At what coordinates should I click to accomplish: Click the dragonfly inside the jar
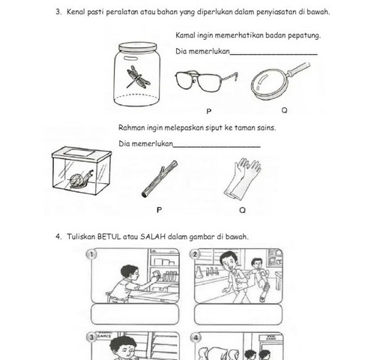[138, 77]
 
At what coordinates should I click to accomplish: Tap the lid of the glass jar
[138, 46]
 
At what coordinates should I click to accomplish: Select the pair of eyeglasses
[206, 80]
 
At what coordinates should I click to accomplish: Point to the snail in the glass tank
[80, 178]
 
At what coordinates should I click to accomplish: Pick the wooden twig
[160, 178]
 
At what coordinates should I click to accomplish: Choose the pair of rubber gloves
[242, 178]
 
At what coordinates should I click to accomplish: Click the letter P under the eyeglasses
[209, 111]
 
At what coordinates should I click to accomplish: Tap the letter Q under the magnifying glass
[284, 110]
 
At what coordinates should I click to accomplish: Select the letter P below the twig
[159, 210]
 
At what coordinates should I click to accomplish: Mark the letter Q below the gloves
[242, 210]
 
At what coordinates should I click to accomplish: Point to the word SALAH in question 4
[153, 236]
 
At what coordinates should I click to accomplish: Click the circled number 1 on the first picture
[91, 254]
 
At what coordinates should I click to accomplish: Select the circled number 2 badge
[195, 254]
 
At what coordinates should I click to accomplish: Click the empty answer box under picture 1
[135, 314]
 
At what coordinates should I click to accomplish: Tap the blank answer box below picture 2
[238, 314]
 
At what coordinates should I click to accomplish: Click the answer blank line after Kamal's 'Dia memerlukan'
[274, 54]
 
